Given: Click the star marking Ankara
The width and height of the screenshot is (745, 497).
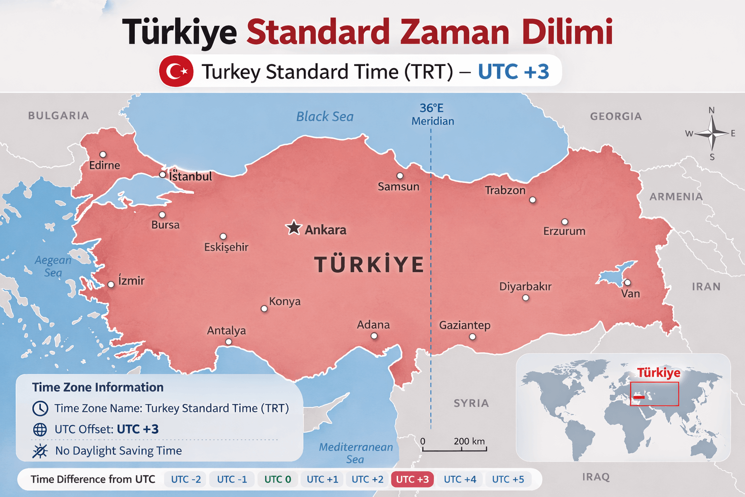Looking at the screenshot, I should coord(293,227).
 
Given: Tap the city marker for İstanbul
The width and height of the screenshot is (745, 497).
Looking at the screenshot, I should coord(163,175).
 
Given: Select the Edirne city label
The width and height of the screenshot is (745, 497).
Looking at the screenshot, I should coord(104,165).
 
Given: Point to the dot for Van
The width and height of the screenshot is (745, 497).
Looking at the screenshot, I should coord(627,282).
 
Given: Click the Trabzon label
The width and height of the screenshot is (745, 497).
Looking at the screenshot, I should coord(505,190).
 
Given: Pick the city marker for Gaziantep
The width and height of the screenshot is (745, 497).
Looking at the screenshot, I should coord(472,336).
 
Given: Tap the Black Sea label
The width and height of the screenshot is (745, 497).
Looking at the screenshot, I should coord(324,116).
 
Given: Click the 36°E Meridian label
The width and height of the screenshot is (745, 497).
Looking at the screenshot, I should coord(432,115).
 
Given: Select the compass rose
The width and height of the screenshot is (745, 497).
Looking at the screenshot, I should coord(712,133).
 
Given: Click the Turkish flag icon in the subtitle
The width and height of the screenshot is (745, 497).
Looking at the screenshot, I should coord(176,71).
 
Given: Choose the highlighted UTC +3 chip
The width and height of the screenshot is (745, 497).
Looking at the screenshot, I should coord(412,479).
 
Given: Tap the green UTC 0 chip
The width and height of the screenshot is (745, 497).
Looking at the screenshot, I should coord(277,479).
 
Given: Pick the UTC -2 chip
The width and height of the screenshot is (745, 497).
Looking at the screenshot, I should coord(186,479).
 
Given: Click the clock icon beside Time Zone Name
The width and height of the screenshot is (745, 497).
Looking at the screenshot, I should coord(40,408).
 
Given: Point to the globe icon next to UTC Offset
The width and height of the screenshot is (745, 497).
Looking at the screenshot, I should coord(40,430).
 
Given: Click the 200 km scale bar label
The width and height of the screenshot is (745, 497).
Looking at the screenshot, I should coord(469,441).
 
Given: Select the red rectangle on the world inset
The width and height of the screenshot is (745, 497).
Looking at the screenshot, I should coord(654,394).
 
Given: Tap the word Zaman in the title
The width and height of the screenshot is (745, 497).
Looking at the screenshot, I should coord(454,32).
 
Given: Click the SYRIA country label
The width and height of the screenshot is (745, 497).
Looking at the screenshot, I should coord(471,403).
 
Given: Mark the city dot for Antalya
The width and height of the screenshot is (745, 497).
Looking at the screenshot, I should coord(228,342).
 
